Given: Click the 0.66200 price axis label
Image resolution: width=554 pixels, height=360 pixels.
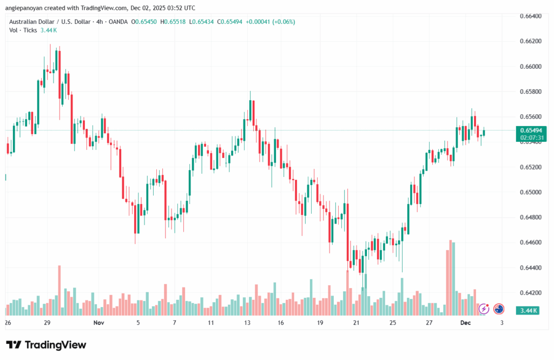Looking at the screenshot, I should (x=530, y=41).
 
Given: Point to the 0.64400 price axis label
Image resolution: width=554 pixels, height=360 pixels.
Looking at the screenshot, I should (x=530, y=267).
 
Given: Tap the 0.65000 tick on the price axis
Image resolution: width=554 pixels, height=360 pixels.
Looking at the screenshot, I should (x=530, y=192).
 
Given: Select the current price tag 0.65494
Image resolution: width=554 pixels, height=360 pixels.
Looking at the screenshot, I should (x=531, y=130).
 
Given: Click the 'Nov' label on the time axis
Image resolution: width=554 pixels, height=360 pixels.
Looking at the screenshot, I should (x=98, y=323).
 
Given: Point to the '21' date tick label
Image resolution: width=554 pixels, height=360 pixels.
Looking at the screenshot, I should (x=356, y=323).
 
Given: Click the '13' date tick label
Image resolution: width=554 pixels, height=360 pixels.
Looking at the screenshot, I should (x=247, y=323).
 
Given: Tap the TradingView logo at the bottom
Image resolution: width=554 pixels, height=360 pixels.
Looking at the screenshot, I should (x=46, y=345).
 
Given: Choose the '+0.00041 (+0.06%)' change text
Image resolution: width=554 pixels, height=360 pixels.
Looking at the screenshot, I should (x=273, y=22).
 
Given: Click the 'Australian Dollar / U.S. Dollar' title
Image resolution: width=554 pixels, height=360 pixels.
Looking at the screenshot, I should (x=54, y=22).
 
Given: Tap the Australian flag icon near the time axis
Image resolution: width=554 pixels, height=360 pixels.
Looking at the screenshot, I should (x=499, y=309).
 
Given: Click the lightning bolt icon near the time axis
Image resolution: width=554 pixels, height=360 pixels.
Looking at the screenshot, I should (x=484, y=309).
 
